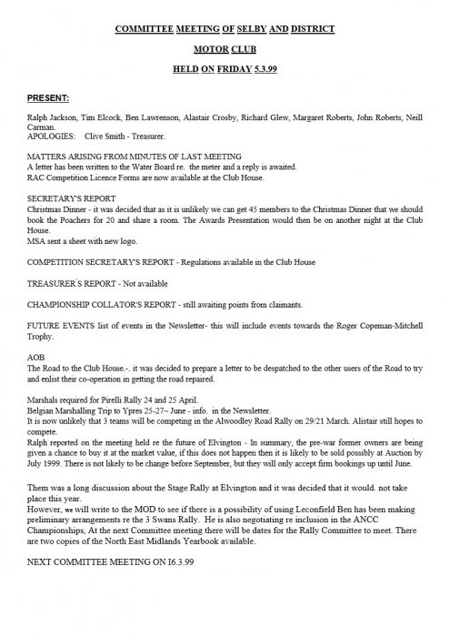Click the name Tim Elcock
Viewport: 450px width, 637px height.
coord(99,119)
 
